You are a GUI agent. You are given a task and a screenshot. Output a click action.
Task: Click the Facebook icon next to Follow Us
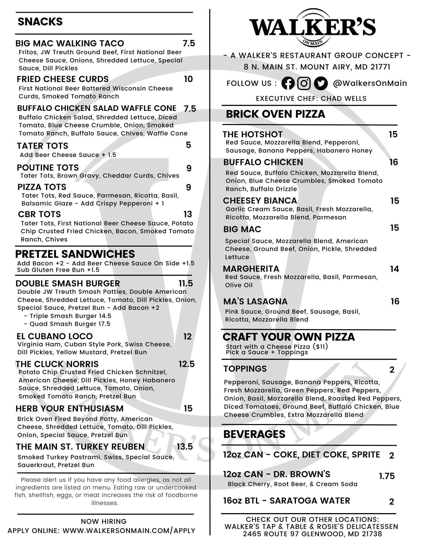(288, 83)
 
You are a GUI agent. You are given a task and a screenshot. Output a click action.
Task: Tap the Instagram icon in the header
(304, 83)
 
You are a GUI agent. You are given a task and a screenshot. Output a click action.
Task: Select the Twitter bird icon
(321, 83)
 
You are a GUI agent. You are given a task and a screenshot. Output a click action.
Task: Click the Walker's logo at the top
(312, 27)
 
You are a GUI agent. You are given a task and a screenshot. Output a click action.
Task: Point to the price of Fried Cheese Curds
(188, 79)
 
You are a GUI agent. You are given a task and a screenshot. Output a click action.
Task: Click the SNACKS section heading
(40, 22)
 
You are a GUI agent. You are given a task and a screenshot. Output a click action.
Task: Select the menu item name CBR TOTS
(39, 214)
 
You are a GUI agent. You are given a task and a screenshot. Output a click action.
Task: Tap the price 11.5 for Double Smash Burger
(186, 284)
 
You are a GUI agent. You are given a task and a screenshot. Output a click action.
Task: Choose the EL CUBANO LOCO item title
(54, 337)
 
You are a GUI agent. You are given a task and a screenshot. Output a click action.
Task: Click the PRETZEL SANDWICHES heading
(75, 254)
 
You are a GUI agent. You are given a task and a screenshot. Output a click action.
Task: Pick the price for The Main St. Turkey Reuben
(185, 447)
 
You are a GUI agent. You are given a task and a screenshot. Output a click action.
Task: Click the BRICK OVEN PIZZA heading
(275, 114)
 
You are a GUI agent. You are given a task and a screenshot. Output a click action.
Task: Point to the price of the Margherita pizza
(394, 269)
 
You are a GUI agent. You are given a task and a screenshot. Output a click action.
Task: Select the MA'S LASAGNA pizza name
(255, 302)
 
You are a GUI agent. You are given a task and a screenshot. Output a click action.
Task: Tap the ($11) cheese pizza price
(320, 347)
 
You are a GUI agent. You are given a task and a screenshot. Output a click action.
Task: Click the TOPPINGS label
(245, 369)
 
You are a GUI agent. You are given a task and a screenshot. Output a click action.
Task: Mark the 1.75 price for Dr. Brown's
(387, 476)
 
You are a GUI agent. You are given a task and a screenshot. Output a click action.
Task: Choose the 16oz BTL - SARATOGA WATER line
(286, 501)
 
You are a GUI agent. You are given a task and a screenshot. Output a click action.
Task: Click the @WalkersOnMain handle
(370, 83)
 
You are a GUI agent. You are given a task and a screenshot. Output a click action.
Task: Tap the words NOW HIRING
(104, 522)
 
